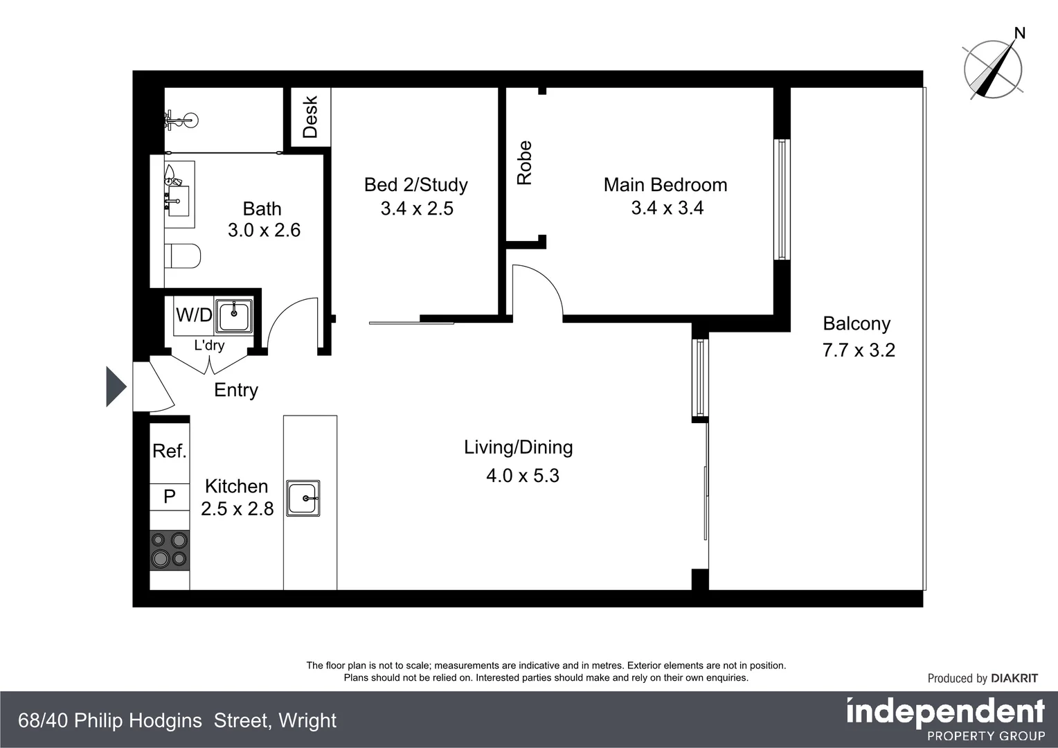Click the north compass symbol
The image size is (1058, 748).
coord(993,68)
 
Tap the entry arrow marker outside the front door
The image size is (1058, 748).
coord(115,386)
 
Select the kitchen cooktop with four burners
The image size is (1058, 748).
coord(170,551)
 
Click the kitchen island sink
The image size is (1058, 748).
coord(303,498)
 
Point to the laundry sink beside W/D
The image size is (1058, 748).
coord(234,317)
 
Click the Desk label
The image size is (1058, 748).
coord(310,117)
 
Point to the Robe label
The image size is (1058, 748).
coord(525,163)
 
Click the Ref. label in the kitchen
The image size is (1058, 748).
coord(170,452)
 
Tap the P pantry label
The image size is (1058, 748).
coord(170,497)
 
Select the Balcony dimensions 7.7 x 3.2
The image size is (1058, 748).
coord(859,350)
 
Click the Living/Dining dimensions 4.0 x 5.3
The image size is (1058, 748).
coord(523,476)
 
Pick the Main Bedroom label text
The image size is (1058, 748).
coord(665,185)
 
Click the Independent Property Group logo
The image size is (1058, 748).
coord(945,719)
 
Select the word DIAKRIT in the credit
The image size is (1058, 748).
coord(1014,679)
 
